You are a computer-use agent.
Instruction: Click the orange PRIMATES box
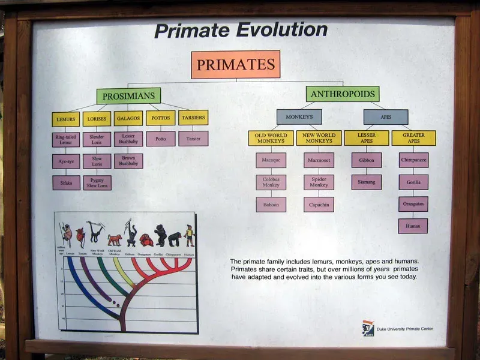[236, 65]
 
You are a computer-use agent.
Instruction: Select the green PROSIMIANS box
[128, 96]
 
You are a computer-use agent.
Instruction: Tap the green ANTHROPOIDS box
[342, 94]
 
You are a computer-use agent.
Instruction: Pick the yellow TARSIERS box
[193, 118]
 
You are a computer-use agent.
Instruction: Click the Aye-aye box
[66, 161]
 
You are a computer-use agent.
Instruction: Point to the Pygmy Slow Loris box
[97, 182]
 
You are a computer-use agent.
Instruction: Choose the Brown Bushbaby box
[128, 161]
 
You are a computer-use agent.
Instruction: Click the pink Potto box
[161, 139]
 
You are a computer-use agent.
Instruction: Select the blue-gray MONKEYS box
[299, 117]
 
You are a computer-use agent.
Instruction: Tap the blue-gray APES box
[386, 116]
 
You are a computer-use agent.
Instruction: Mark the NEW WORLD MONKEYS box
[319, 138]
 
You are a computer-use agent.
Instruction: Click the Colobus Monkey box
[271, 182]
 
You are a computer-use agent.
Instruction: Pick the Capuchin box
[319, 205]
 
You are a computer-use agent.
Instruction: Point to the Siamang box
[366, 182]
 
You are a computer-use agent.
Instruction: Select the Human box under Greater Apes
[413, 226]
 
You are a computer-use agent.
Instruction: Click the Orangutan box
[413, 204]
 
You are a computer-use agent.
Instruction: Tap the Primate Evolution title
[241, 31]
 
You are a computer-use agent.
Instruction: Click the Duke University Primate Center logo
[368, 328]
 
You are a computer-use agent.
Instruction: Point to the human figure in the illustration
[190, 235]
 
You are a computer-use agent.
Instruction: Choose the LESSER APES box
[366, 138]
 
